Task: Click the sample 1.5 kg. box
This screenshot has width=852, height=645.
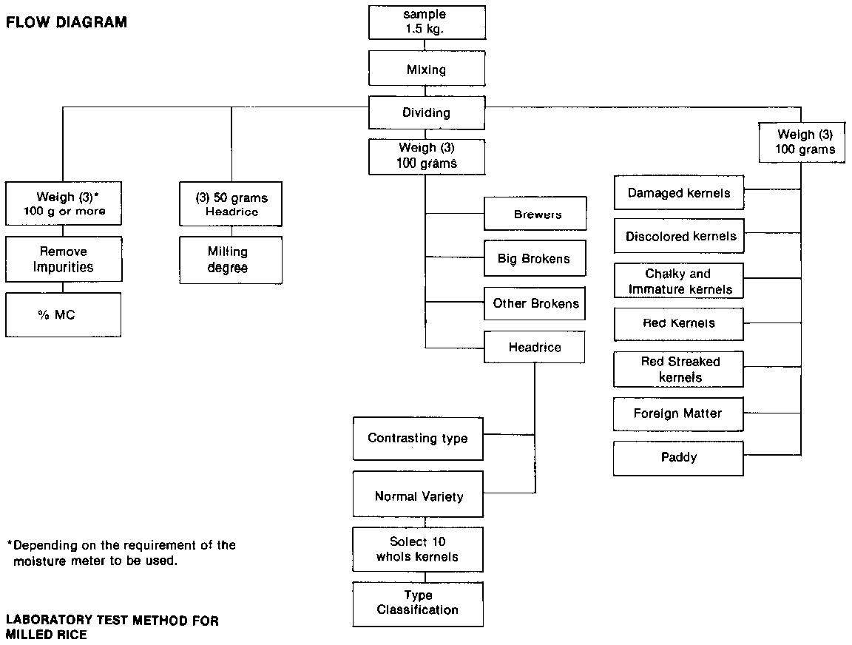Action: click(x=427, y=21)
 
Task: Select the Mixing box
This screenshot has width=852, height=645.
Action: click(x=427, y=70)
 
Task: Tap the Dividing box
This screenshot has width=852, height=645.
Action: click(x=427, y=113)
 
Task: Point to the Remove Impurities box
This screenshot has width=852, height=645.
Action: click(x=64, y=259)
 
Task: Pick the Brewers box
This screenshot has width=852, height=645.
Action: click(x=535, y=214)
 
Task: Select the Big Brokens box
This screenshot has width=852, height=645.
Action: click(x=535, y=258)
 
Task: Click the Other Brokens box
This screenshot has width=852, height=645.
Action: click(x=535, y=303)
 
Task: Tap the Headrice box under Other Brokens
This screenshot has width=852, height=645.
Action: click(x=534, y=347)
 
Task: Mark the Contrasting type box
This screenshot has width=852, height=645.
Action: click(x=418, y=439)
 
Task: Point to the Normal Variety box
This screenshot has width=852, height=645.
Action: click(x=418, y=495)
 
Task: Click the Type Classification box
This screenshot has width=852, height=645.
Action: click(x=418, y=603)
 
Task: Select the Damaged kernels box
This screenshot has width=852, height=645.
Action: click(x=678, y=193)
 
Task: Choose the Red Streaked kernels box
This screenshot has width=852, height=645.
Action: click(x=678, y=369)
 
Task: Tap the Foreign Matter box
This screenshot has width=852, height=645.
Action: click(x=678, y=413)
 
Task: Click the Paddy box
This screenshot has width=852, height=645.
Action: click(x=678, y=457)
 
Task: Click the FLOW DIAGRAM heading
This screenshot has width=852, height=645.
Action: click(x=67, y=22)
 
